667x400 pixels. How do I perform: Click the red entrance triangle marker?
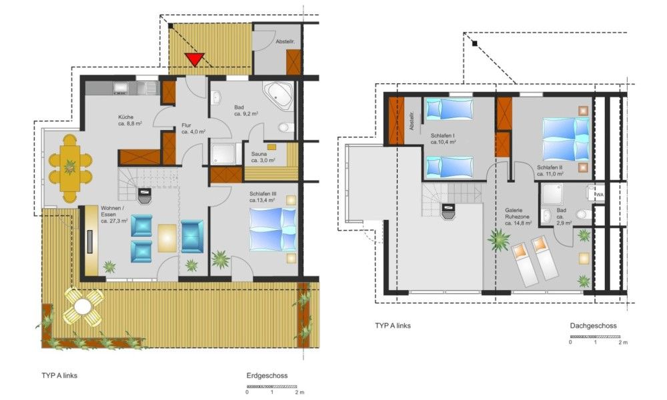pos(195,59)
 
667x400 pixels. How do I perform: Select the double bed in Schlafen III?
pos(273,229)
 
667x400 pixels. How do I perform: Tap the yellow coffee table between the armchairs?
pos(167,238)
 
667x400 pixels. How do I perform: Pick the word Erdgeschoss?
pos(267,376)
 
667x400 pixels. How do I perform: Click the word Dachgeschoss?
pos(593,326)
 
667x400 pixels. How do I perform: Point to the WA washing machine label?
pos(600,195)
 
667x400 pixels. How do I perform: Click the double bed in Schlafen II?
pos(566,139)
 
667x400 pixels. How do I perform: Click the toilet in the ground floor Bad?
pos(286,127)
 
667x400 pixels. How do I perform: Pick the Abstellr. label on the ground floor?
pos(285,41)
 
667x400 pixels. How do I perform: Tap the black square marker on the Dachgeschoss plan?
pos(475,43)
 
